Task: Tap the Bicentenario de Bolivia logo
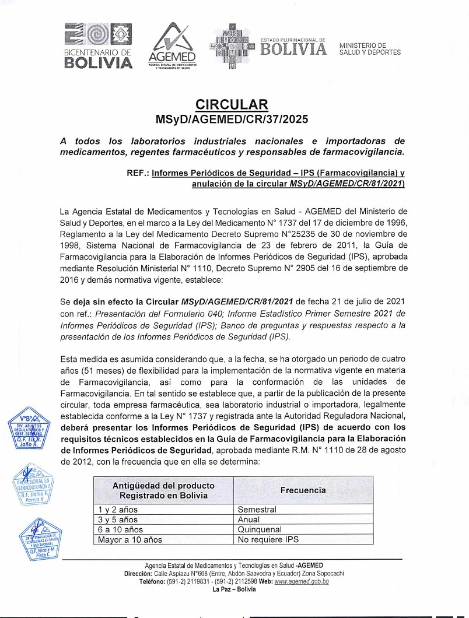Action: click(98, 46)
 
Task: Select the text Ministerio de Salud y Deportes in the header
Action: click(369, 48)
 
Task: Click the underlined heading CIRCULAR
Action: click(232, 105)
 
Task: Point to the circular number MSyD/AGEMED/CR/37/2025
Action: click(232, 120)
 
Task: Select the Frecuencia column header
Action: click(303, 490)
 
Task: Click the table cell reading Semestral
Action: click(257, 509)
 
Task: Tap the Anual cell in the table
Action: click(249, 519)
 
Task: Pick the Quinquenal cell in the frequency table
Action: click(260, 529)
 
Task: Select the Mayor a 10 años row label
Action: click(129, 539)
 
